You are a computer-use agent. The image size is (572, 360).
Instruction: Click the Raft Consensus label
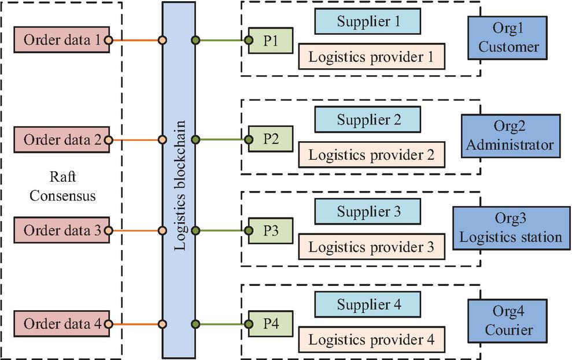[63, 185]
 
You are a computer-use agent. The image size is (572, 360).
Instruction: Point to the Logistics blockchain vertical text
[180, 185]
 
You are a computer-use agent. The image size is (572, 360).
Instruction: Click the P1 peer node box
[270, 41]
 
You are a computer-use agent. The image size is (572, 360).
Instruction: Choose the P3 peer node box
[270, 230]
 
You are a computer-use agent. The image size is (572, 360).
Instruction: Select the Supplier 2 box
[368, 121]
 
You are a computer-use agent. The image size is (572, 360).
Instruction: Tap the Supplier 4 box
[368, 304]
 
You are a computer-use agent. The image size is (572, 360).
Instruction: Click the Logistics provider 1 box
[372, 57]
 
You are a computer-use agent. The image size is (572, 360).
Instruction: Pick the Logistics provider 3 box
[372, 247]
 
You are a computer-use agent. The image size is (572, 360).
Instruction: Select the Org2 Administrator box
[510, 136]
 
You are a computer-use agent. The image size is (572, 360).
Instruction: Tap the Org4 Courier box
[508, 322]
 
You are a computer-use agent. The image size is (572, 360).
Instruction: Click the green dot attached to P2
[248, 139]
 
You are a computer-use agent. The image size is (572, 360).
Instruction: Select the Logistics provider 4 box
[372, 339]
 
